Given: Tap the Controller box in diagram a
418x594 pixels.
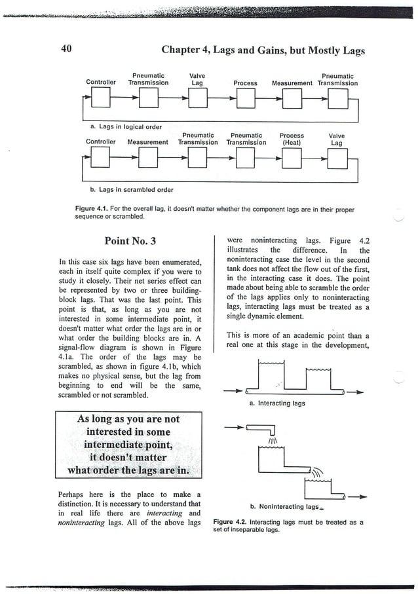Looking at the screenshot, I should (x=101, y=100).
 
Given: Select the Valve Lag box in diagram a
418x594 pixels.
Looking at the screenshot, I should (x=197, y=100).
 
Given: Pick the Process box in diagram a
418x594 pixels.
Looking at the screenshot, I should (x=245, y=100).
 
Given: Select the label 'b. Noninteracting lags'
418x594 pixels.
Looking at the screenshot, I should (x=285, y=507).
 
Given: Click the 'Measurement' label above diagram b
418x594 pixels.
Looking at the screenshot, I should (x=147, y=141).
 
